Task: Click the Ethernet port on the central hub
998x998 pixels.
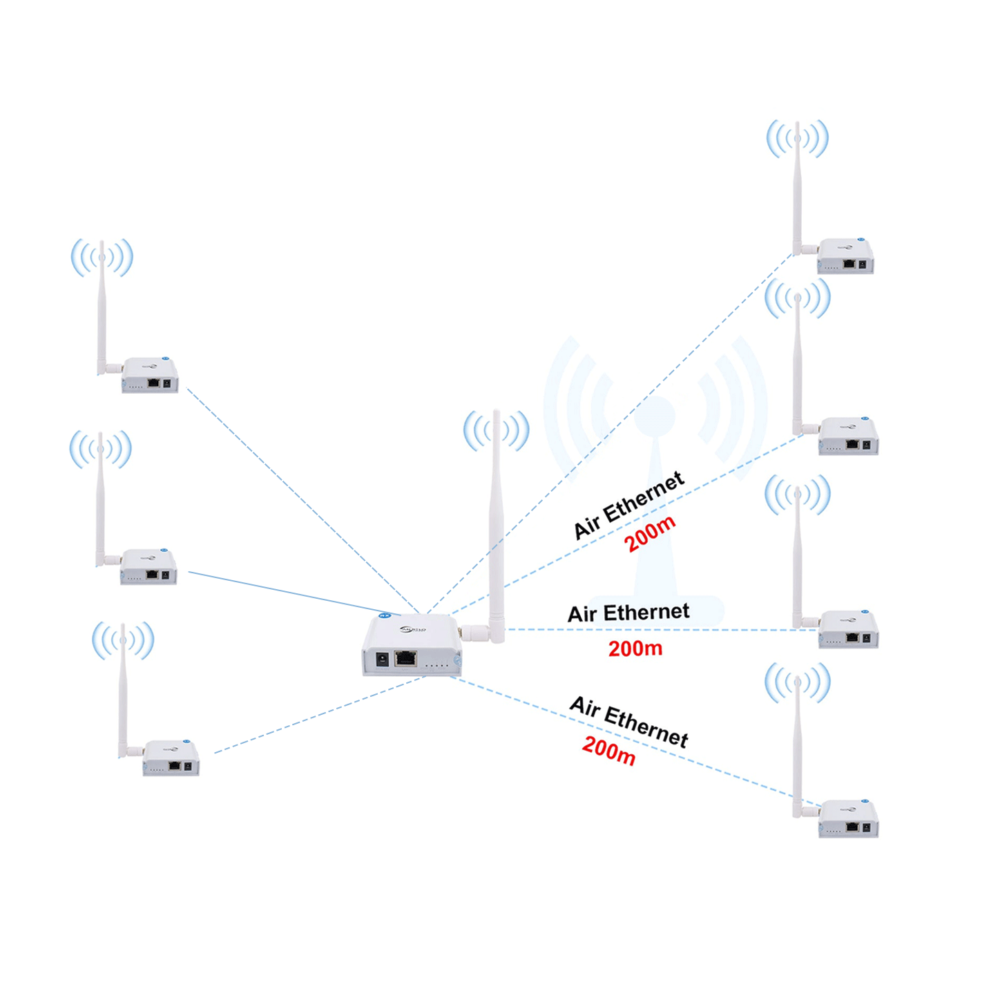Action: point(405,658)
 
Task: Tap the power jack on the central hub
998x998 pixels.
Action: point(382,660)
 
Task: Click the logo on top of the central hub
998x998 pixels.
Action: point(413,629)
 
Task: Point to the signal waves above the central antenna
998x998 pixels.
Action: point(496,430)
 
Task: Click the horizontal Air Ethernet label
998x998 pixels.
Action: point(628,613)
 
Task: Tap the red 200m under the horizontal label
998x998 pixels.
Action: point(635,649)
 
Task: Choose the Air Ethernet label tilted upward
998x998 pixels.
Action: point(628,506)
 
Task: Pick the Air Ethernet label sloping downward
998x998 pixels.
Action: point(628,722)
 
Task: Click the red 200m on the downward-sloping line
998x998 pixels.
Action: point(608,751)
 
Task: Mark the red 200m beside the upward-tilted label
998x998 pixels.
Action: point(649,534)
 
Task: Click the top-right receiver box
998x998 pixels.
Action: point(845,257)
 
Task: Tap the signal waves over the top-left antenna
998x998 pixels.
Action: point(102,257)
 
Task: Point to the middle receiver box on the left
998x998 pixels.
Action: point(148,567)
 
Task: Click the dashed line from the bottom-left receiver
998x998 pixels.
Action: point(318,715)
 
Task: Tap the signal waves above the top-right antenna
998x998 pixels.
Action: point(797,138)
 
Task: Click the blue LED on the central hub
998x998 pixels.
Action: point(385,615)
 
